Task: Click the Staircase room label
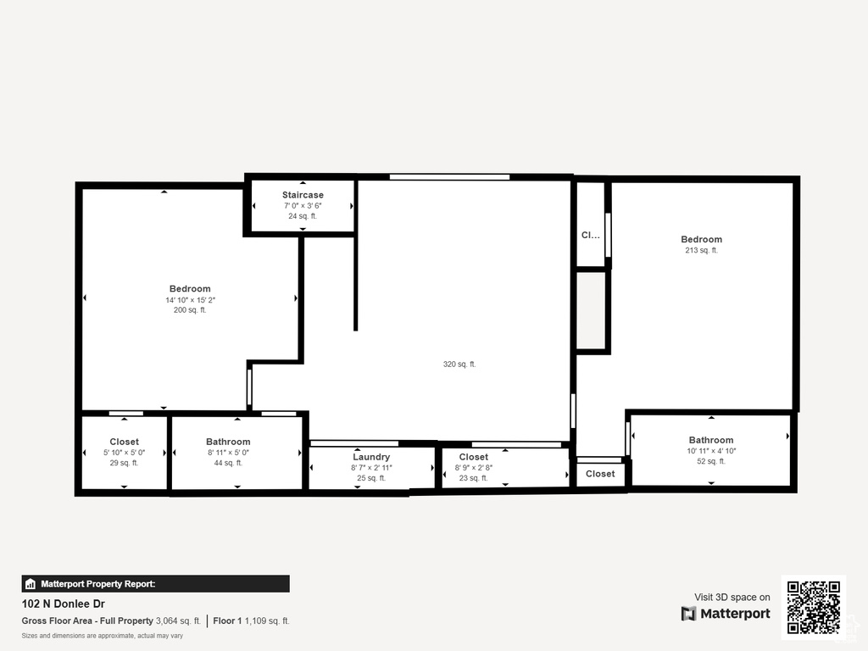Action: [x=303, y=195]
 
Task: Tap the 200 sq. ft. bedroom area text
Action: [x=190, y=310]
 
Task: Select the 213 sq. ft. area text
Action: [x=701, y=250]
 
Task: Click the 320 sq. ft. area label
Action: [x=459, y=364]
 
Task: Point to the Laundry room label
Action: [x=371, y=457]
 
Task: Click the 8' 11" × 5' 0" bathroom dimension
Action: [x=228, y=453]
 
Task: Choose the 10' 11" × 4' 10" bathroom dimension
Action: [x=711, y=451]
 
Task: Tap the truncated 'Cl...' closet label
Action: [x=590, y=236]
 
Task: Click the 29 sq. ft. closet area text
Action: [x=124, y=463]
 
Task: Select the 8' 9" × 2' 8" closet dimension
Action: [x=474, y=467]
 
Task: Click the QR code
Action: [x=814, y=607]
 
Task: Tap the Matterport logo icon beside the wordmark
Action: [x=688, y=614]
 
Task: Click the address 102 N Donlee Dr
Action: [x=63, y=604]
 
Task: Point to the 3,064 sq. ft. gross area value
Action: [x=178, y=621]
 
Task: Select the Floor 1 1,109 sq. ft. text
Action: [x=251, y=621]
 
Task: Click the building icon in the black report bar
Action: [x=31, y=584]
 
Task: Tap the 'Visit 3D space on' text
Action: [x=732, y=598]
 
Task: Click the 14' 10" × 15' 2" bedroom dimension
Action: [x=190, y=300]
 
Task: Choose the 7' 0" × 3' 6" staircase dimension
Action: [x=303, y=205]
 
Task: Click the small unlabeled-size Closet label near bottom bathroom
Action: [x=600, y=474]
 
